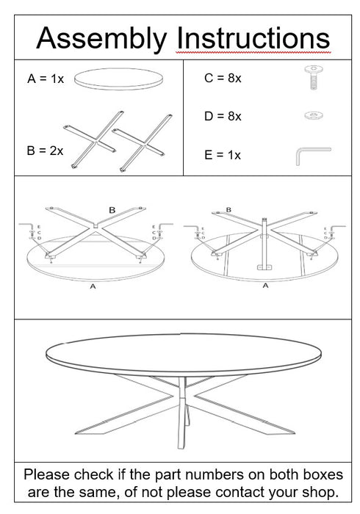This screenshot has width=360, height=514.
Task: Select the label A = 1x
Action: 46,79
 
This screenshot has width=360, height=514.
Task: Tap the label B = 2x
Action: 45,151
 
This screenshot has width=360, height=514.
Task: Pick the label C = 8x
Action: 223,78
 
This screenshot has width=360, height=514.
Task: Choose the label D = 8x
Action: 223,116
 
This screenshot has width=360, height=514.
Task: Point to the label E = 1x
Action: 223,155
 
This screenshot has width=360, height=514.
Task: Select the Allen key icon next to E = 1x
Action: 312,154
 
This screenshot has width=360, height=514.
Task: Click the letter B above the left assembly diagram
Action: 112,210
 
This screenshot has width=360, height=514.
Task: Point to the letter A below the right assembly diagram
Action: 265,286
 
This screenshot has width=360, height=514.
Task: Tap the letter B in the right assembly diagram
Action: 228,210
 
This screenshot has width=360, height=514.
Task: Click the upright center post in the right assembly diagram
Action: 264,242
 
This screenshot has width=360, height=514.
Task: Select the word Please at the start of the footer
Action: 48,474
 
